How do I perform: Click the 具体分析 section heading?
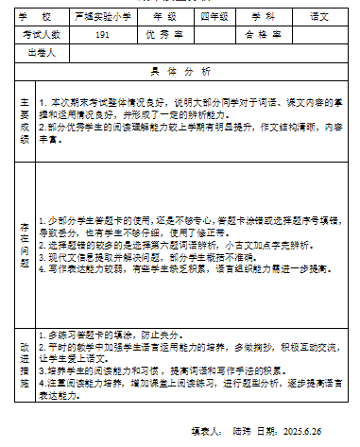click(x=180, y=71)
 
